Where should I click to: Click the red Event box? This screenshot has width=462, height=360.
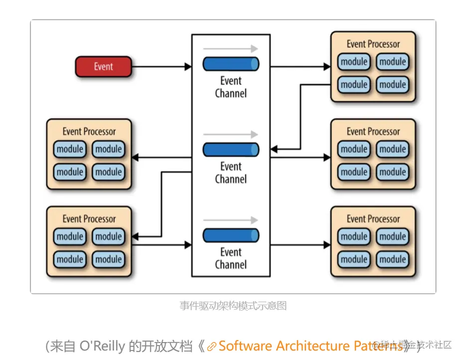[x=103, y=67]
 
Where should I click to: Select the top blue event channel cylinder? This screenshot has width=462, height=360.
[x=231, y=64]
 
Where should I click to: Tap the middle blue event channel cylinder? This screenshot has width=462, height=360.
[x=231, y=150]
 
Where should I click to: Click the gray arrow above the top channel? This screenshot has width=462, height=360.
[x=230, y=49]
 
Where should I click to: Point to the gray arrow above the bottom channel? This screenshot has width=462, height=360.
[x=230, y=220]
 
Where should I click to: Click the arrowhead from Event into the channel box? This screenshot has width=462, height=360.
[x=188, y=67]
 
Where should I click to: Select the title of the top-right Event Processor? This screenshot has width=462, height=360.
[x=373, y=44]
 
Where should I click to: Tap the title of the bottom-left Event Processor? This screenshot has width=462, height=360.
[x=89, y=219]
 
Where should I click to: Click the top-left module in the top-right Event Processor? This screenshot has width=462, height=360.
[x=354, y=62]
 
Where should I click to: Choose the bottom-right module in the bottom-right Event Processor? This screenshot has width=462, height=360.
[x=393, y=259]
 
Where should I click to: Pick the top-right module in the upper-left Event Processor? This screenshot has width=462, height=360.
[x=109, y=149]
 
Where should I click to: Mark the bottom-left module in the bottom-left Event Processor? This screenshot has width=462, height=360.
[x=70, y=259]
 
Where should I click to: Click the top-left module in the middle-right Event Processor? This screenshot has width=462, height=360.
[x=354, y=149]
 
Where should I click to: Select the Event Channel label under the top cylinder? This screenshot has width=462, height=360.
[x=231, y=87]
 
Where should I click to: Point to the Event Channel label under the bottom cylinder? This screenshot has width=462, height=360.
[x=231, y=258]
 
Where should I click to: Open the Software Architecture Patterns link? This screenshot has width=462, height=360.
[x=309, y=346]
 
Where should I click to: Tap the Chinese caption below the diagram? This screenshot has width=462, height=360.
[x=233, y=306]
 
